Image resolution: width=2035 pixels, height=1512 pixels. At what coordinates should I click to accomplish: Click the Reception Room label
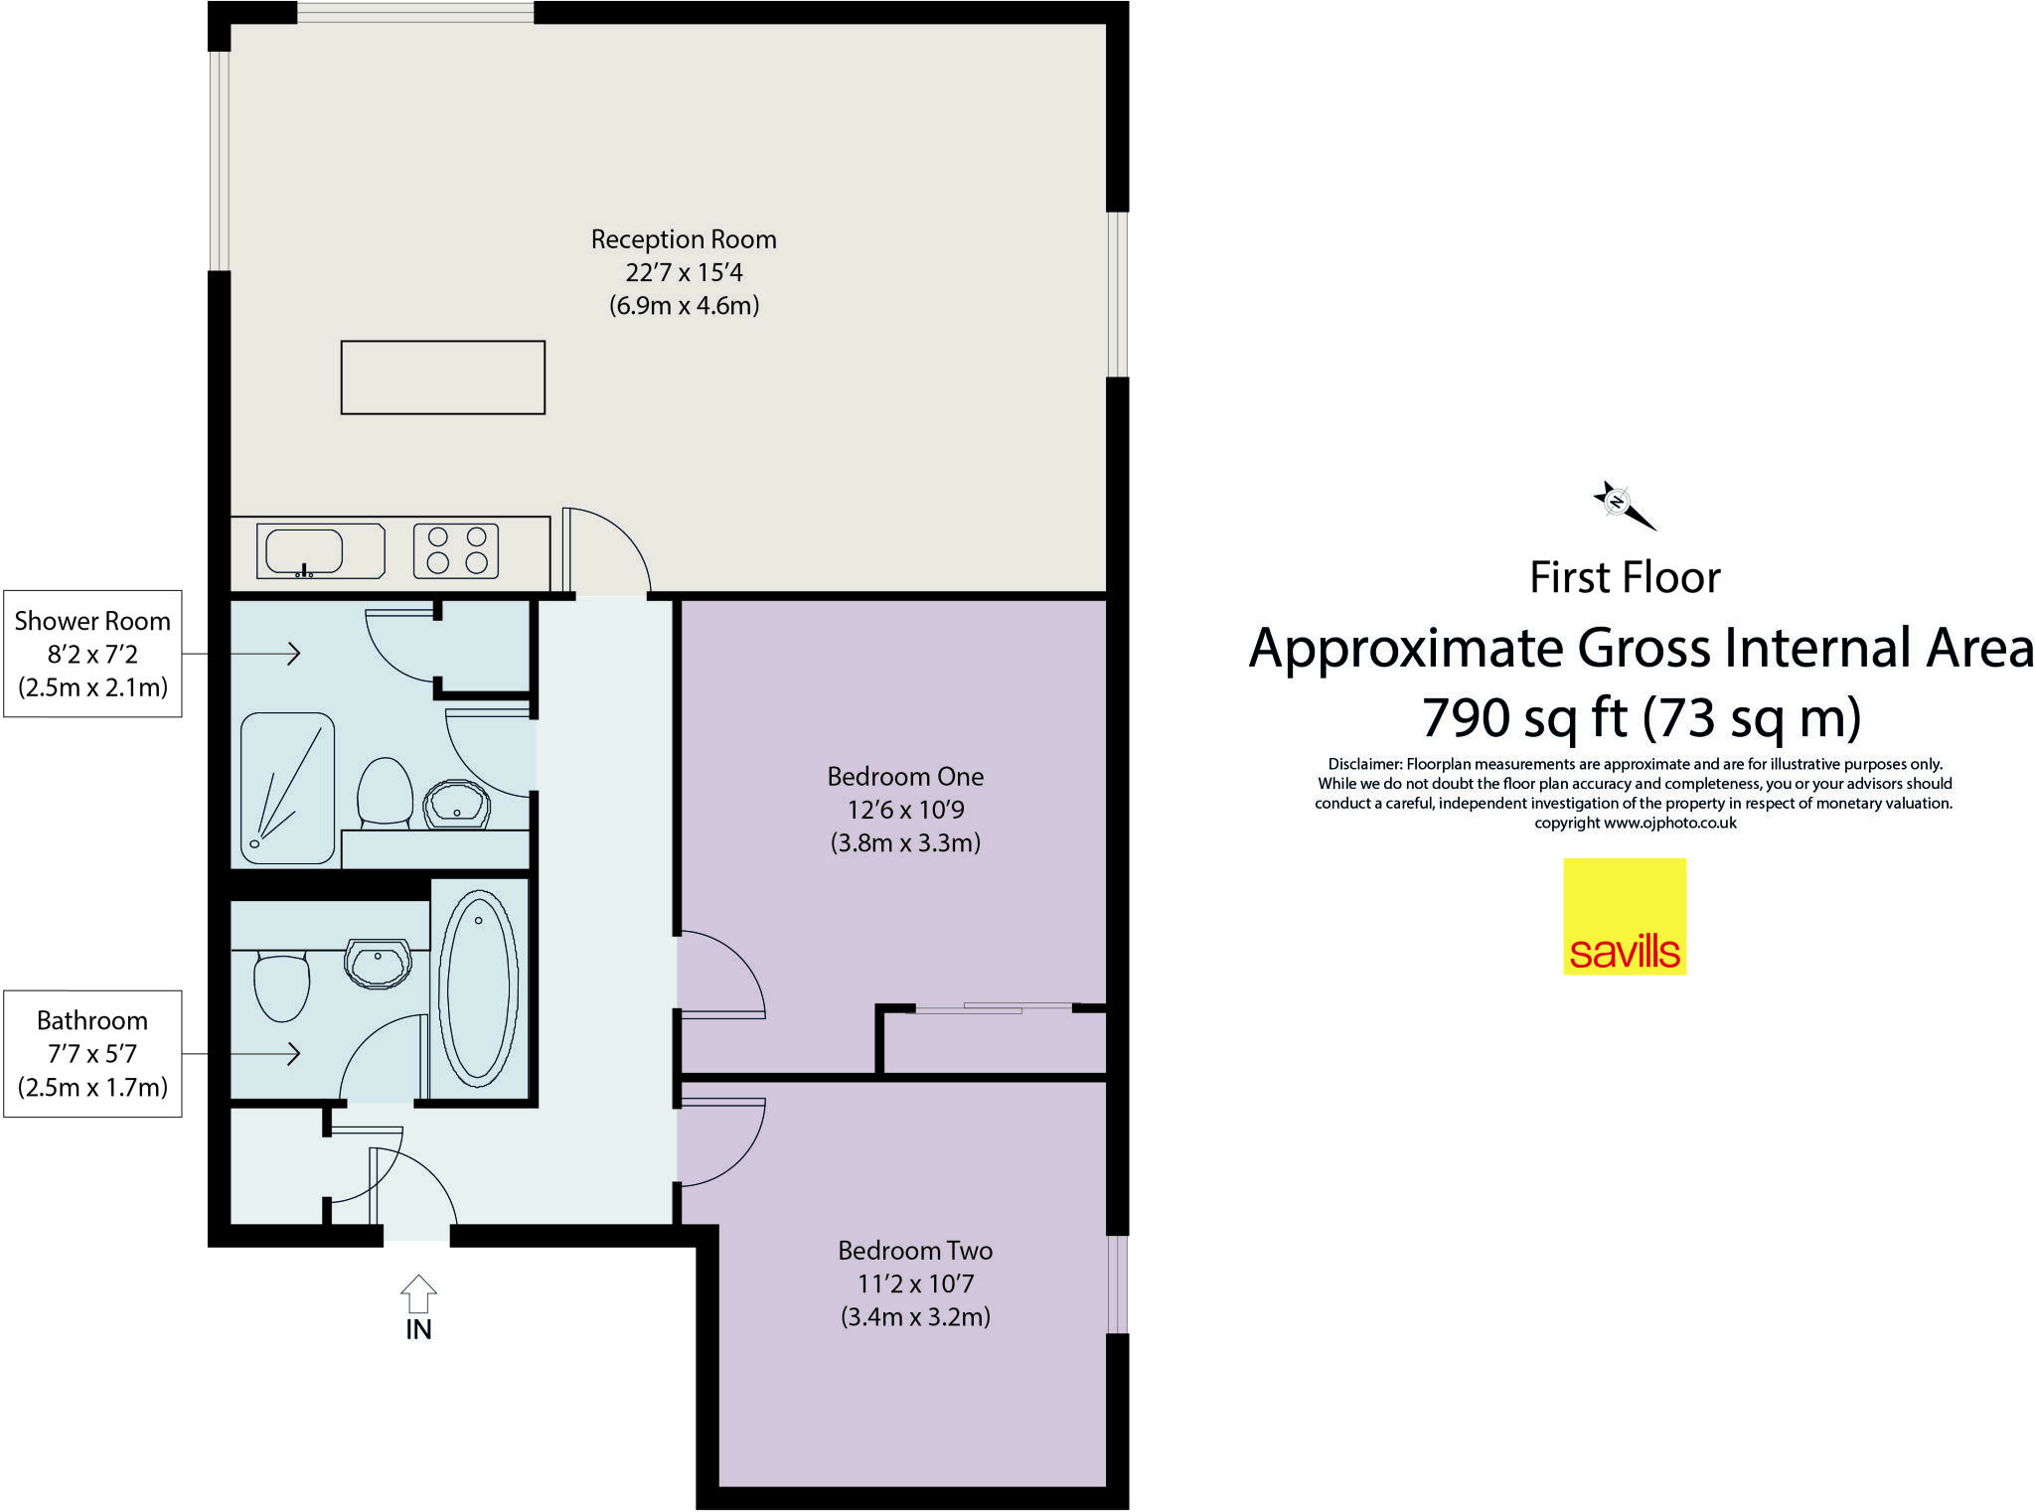pos(684,239)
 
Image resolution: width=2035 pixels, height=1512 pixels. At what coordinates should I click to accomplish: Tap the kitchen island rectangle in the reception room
pos(442,378)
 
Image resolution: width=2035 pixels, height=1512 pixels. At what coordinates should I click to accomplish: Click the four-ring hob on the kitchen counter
pos(456,550)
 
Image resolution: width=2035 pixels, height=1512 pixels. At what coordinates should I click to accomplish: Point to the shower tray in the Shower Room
pos(287,788)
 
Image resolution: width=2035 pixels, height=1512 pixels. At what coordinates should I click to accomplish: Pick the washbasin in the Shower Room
pos(457,804)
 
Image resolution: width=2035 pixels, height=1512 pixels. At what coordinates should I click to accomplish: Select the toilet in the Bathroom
pos(281,985)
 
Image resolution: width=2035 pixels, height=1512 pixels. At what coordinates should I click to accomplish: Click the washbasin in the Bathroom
pos(378,963)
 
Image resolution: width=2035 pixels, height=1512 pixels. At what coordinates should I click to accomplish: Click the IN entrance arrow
pos(418,1295)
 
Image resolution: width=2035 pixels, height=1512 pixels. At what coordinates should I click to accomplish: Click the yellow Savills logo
pos(1625,916)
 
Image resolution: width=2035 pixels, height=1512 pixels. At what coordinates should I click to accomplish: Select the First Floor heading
pos(1625,577)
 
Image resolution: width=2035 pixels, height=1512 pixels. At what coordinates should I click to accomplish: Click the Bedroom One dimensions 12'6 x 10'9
pos(905,810)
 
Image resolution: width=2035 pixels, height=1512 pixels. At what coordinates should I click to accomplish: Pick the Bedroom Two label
pos(915,1251)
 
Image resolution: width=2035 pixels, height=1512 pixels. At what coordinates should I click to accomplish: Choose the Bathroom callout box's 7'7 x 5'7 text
pos(92,1054)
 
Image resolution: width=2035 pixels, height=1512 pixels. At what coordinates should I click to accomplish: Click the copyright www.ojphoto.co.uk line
pos(1635,823)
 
